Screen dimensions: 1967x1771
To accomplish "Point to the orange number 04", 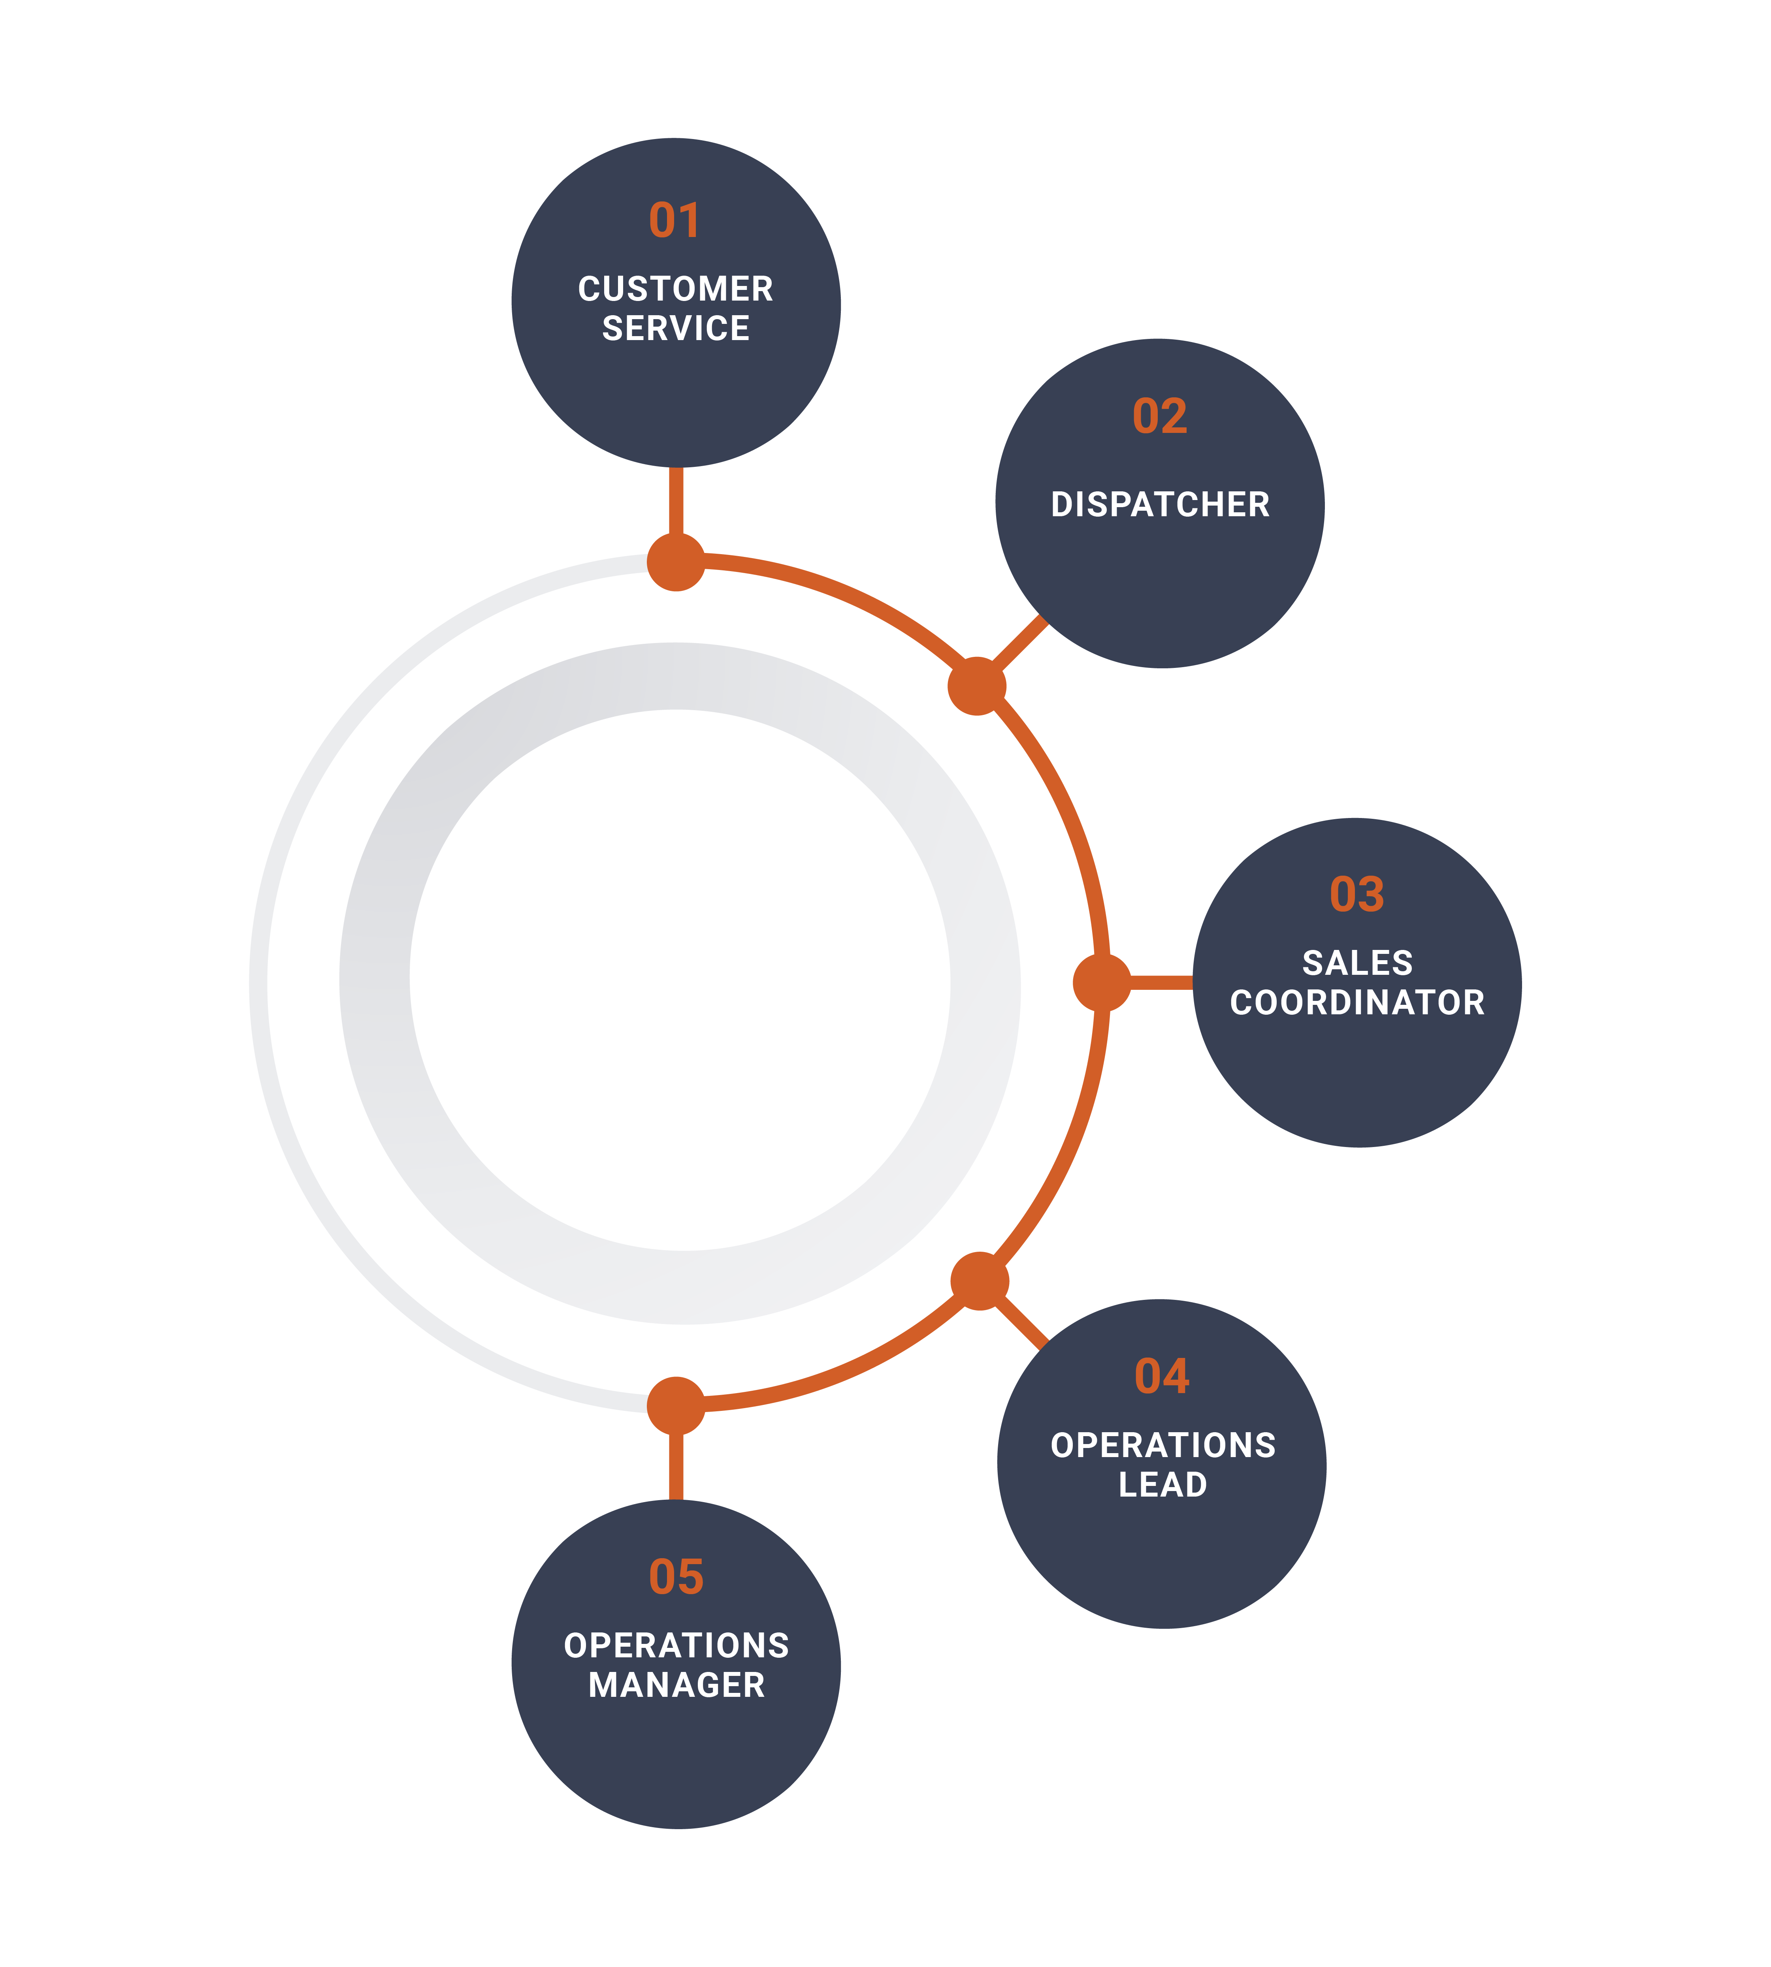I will pyautogui.click(x=1162, y=1377).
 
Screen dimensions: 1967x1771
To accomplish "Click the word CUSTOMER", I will pyautogui.click(x=675, y=289).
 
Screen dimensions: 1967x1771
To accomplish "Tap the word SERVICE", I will pyautogui.click(x=675, y=329).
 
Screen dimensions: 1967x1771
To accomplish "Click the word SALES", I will pyautogui.click(x=1357, y=963).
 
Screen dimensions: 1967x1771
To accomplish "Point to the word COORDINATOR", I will pyautogui.click(x=1357, y=1003).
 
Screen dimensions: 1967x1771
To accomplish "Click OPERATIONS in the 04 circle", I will pyautogui.click(x=1163, y=1446).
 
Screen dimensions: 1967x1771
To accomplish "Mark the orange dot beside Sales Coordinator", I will pyautogui.click(x=1102, y=983).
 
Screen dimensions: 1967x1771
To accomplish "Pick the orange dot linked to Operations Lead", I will pyautogui.click(x=979, y=1281).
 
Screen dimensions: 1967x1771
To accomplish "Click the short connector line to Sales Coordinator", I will pyautogui.click(x=1162, y=983).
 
